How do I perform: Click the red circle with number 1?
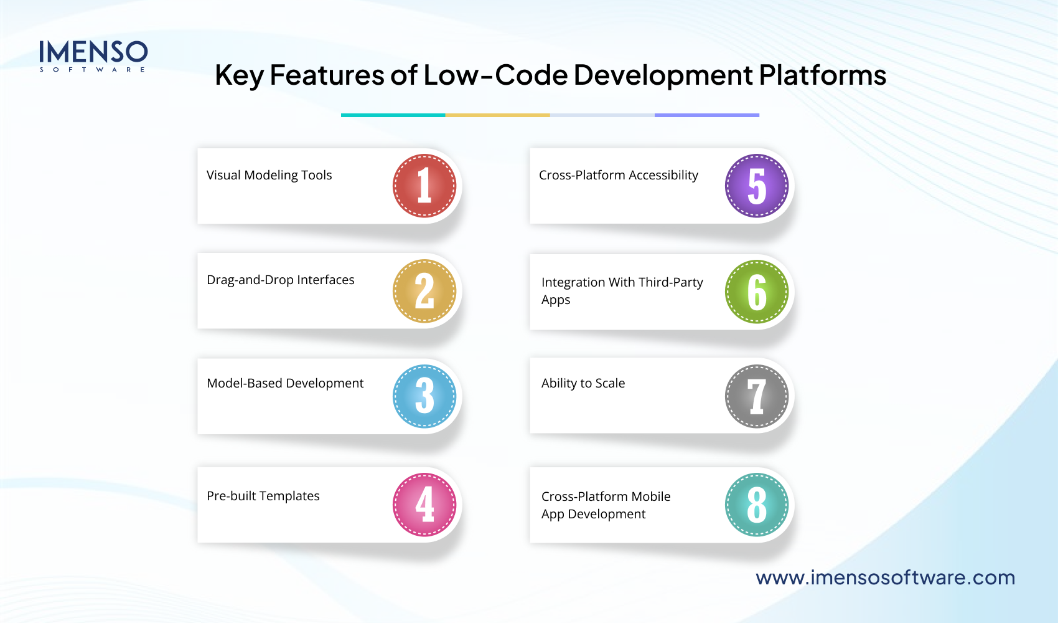424,186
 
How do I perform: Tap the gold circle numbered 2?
424,291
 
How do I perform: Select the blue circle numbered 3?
424,396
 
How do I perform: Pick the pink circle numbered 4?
424,505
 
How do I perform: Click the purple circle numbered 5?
757,186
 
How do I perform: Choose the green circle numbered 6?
757,292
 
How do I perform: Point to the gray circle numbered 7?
757,396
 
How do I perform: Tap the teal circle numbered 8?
757,505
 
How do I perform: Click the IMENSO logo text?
93,52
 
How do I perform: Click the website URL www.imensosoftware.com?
885,578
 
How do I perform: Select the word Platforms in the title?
823,75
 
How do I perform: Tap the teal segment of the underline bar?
393,115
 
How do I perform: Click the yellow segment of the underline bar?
497,115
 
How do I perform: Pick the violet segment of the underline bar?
707,115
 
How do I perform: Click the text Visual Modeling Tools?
269,175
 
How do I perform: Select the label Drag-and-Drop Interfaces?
280,280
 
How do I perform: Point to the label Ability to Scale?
583,383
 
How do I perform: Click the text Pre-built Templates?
263,496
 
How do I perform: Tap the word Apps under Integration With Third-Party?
555,300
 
